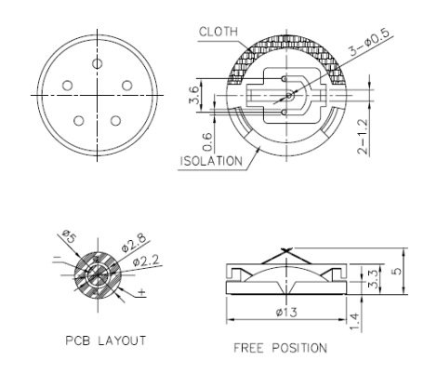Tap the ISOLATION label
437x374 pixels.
pos(212,160)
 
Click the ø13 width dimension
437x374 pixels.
pos(287,312)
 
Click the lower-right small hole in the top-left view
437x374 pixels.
pos(116,118)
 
